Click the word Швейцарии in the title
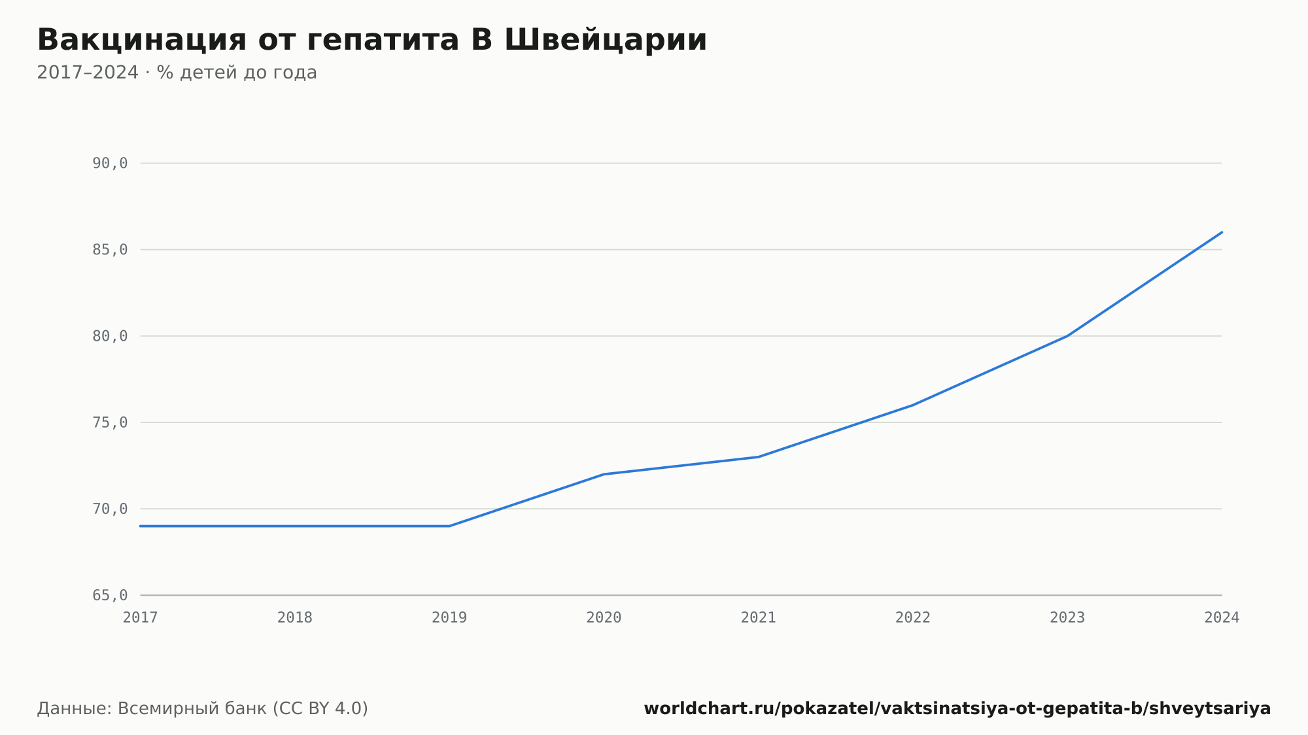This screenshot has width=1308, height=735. (x=606, y=40)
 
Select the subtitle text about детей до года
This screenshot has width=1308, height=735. (x=177, y=73)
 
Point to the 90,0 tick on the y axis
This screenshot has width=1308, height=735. (x=110, y=163)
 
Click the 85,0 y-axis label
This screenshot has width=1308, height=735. (x=110, y=250)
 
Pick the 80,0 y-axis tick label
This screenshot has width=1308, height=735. (x=110, y=336)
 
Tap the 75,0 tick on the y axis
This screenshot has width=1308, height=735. (x=110, y=422)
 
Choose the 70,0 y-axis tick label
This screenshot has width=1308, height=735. (x=110, y=509)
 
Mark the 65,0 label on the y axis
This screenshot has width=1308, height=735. (x=110, y=595)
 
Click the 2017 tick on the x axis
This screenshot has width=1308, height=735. (x=141, y=617)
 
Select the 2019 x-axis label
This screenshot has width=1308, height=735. (x=449, y=617)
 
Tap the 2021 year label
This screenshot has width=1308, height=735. (x=759, y=617)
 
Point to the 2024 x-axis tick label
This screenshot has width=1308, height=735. (x=1222, y=617)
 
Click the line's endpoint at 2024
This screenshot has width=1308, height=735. (x=1222, y=232)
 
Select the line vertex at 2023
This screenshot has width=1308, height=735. (x=1067, y=336)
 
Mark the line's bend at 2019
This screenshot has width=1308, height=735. (x=449, y=526)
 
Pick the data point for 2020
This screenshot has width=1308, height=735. (x=604, y=474)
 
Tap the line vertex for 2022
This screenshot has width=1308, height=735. (x=913, y=405)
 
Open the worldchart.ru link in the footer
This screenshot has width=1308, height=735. (x=957, y=708)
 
